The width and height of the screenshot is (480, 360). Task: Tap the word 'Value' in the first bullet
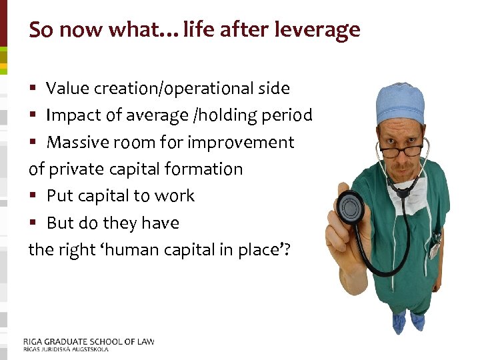pyautogui.click(x=66, y=89)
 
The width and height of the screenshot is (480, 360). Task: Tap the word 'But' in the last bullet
pyautogui.click(x=61, y=223)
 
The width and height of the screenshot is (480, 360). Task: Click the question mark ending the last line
pyautogui.click(x=290, y=250)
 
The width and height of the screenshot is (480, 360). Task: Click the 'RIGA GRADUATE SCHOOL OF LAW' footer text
pyautogui.click(x=89, y=341)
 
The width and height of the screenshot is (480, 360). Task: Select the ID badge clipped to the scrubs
pyautogui.click(x=434, y=249)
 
